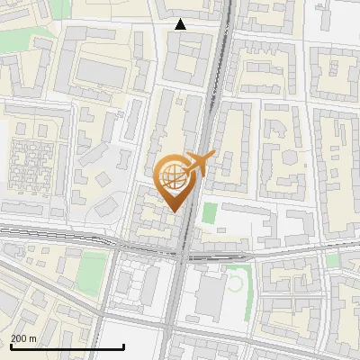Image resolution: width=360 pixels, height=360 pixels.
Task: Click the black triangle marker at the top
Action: [180, 24]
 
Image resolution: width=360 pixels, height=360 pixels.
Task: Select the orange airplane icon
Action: [198, 165]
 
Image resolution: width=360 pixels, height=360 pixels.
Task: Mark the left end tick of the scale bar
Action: [11, 346]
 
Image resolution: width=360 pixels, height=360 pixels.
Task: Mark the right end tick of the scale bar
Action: [123, 346]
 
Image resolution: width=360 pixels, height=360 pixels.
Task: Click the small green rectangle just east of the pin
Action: [210, 214]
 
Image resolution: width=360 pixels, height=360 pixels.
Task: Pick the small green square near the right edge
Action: [331, 260]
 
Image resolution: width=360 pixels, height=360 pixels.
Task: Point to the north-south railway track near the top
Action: [220, 54]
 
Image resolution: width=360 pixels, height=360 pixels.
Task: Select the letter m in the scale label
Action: [32, 338]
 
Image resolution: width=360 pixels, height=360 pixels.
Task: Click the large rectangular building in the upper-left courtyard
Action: [100, 73]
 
